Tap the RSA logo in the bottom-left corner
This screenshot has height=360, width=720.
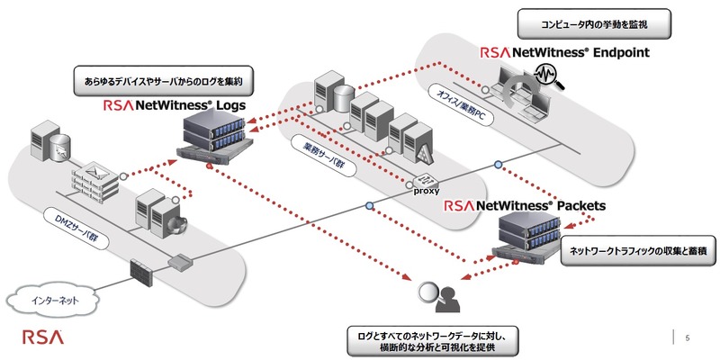point(42,338)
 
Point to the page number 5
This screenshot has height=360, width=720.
point(687,338)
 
